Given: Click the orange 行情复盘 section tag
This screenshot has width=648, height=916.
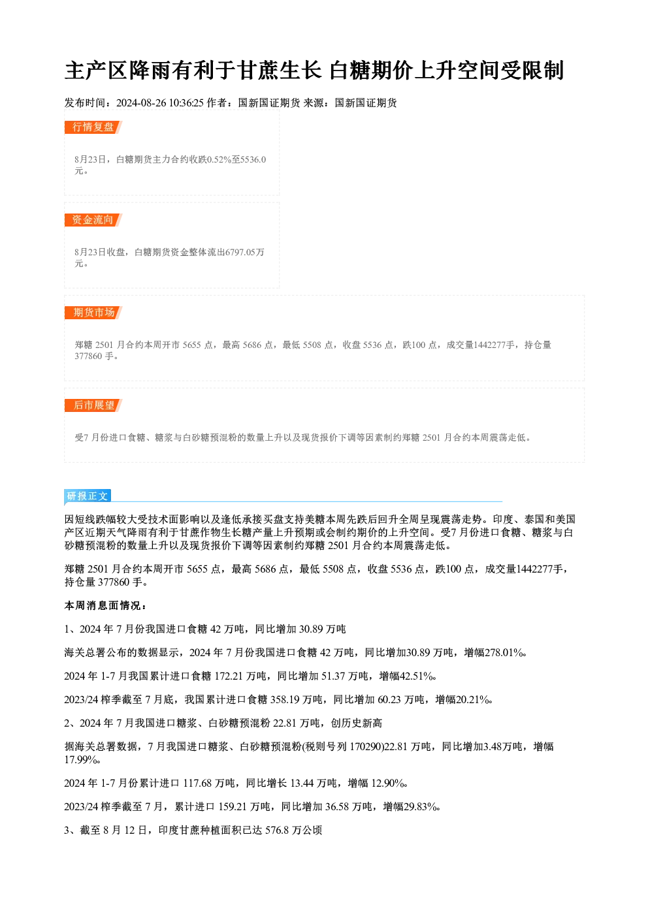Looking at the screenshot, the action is pos(93,127).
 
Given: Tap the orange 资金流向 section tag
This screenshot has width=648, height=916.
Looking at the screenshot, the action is pos(93,220).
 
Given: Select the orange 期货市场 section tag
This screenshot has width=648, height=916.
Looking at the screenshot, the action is pos(93,313).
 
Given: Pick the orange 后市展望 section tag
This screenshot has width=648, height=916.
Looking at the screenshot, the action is pos(93,405).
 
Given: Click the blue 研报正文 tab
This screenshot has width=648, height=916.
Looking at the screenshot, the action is pos(88,496).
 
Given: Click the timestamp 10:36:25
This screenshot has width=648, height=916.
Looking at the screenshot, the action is pos(186,103).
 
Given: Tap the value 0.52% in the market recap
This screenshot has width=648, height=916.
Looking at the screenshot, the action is pos(219,159).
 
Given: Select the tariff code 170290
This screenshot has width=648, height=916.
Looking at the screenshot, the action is pos(366,747).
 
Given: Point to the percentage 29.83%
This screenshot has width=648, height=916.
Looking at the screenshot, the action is pos(421,807).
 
